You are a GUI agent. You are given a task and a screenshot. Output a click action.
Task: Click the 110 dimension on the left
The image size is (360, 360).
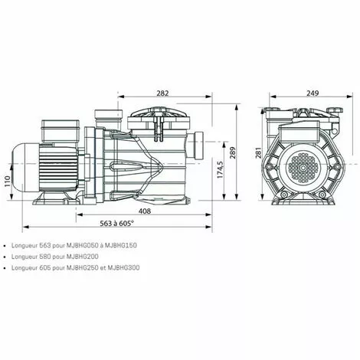click(x=8, y=182)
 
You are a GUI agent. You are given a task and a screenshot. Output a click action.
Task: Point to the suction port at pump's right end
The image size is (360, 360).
click(x=200, y=145)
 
